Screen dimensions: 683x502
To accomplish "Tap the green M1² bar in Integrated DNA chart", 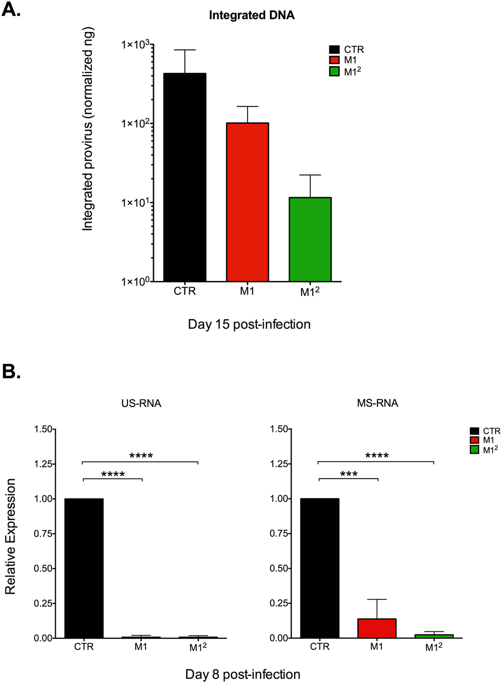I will tap(310, 239).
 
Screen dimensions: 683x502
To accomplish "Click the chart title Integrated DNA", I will tap(252, 16).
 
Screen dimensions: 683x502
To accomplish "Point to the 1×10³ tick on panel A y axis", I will tap(136, 45).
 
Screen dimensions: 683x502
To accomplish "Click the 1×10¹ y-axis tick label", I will tap(136, 203).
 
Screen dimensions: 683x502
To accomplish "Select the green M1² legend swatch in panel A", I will tap(334, 71).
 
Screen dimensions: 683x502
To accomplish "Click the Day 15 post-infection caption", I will tap(249, 324).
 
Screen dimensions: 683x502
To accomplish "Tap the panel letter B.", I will tap(12, 372).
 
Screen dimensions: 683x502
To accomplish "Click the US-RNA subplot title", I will tap(141, 403).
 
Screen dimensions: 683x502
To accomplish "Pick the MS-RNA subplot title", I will tap(378, 403).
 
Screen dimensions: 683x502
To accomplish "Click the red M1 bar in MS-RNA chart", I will tap(377, 628).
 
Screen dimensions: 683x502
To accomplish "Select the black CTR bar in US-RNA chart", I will tap(84, 568).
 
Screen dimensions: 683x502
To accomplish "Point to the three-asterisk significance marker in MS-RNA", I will tap(349, 474).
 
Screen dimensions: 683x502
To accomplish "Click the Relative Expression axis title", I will tap(11, 536).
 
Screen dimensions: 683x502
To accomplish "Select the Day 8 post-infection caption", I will tap(243, 674).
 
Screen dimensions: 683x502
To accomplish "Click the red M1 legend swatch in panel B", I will tap(474, 440).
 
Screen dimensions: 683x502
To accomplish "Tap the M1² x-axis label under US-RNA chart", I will tap(198, 647).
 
